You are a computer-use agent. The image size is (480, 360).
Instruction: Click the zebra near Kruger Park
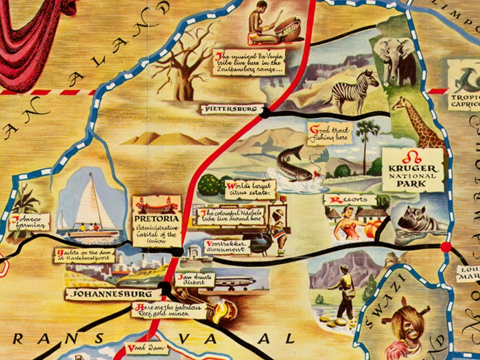[354, 91]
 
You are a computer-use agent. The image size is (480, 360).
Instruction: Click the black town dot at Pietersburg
[264, 112]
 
